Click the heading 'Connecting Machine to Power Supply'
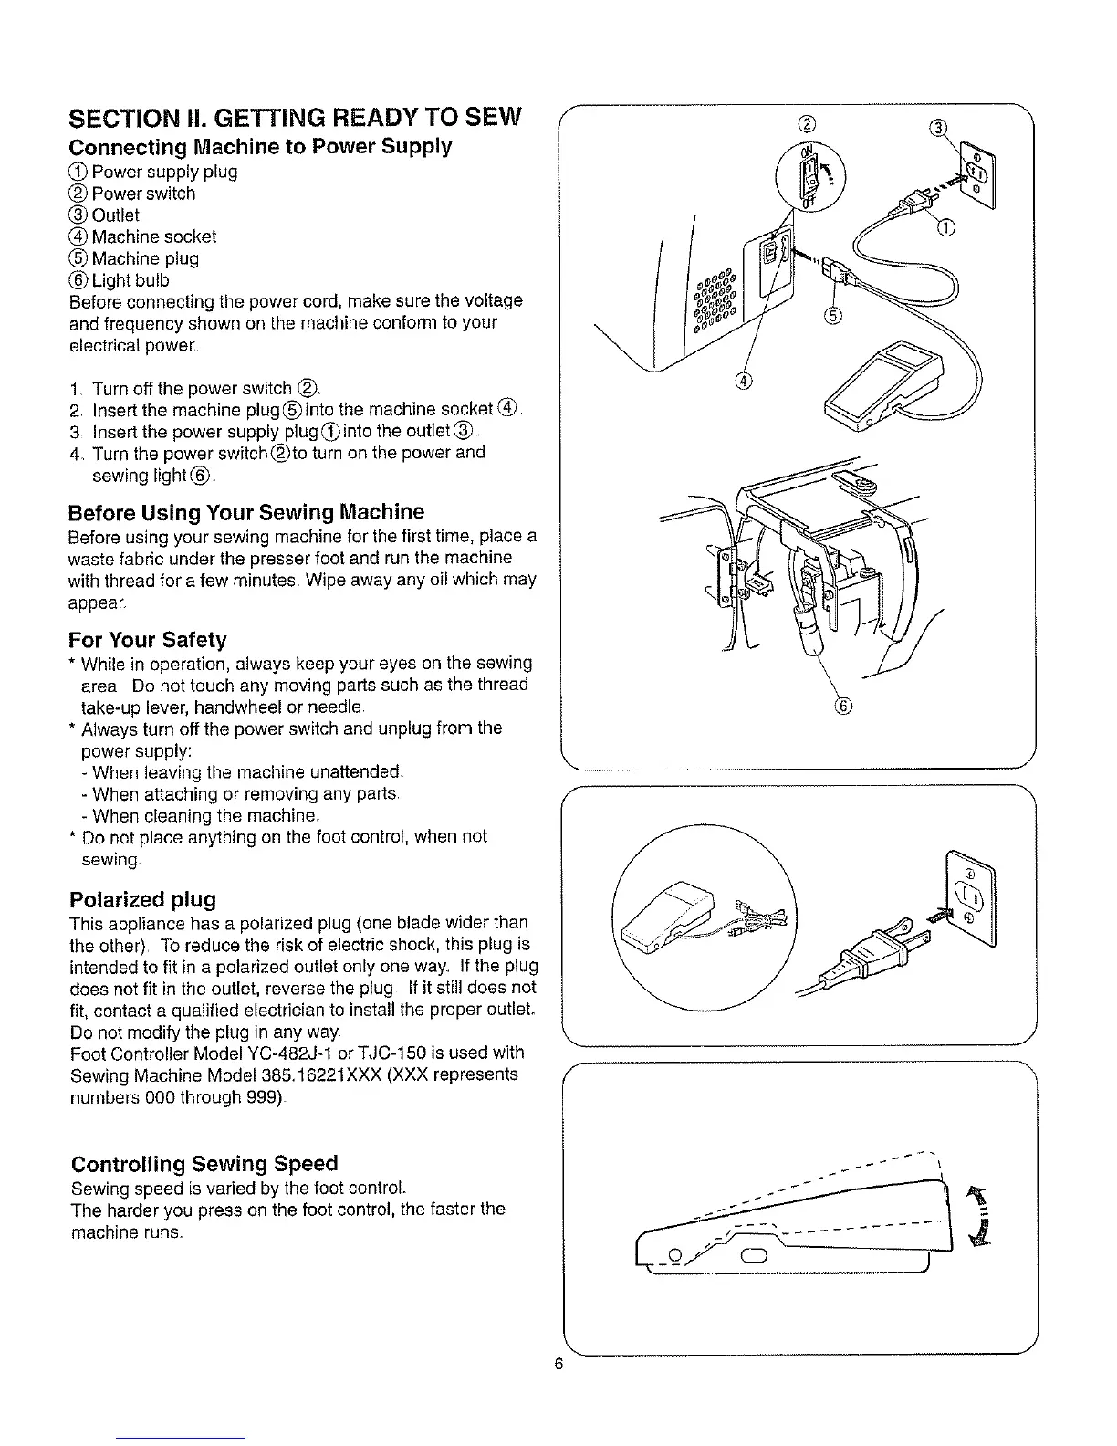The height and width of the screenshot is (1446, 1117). coord(260,147)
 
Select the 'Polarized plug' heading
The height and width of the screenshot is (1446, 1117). coord(143,899)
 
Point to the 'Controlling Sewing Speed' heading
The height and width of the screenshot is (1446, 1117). coord(204,1164)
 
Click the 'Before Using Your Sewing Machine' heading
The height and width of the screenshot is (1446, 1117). coord(246,511)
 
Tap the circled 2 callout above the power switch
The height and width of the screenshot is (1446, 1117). coord(806,125)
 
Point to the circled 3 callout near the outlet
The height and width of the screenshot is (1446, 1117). coord(937,127)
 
